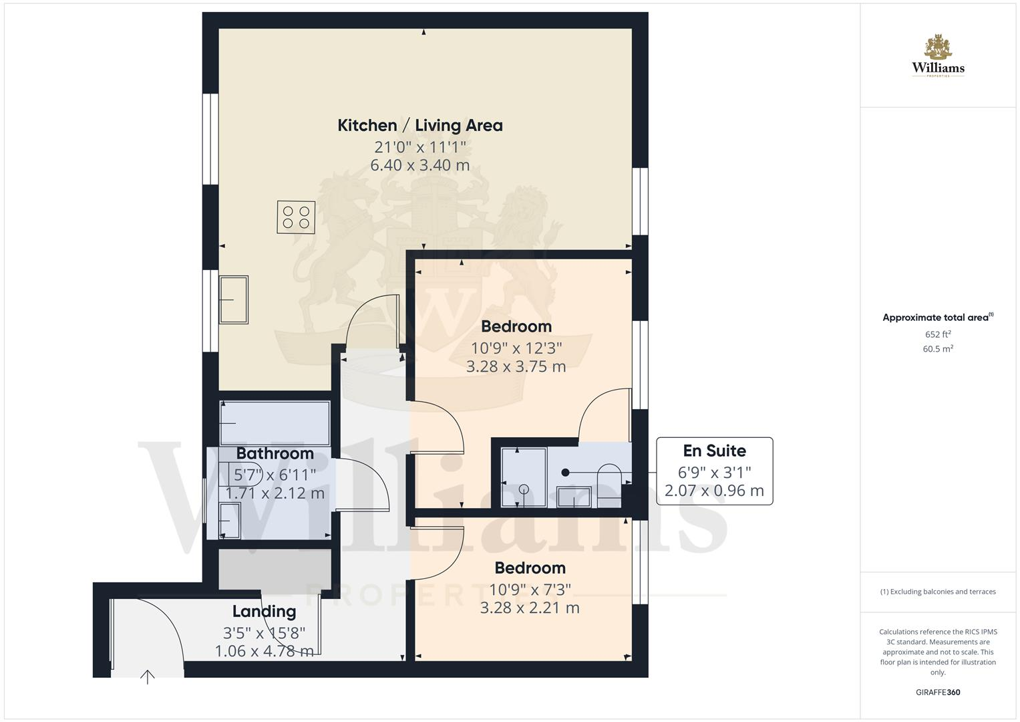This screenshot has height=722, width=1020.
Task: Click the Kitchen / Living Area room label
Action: pyautogui.click(x=419, y=125)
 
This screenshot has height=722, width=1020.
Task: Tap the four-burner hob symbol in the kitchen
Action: pyautogui.click(x=296, y=217)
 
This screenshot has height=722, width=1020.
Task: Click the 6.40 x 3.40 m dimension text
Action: pyautogui.click(x=419, y=165)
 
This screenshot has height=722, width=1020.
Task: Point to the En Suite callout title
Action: pyautogui.click(x=714, y=451)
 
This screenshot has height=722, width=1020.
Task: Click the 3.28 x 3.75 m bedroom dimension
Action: pyautogui.click(x=516, y=366)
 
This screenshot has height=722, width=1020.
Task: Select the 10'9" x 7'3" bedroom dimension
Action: pyautogui.click(x=530, y=589)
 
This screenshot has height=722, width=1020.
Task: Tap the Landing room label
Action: pyautogui.click(x=264, y=611)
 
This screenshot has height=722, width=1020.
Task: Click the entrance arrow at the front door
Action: pyautogui.click(x=147, y=677)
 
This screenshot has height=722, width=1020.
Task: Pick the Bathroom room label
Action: pyautogui.click(x=275, y=453)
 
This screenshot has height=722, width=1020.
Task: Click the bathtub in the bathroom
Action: pyautogui.click(x=275, y=423)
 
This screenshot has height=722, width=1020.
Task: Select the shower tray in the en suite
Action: pyautogui.click(x=524, y=477)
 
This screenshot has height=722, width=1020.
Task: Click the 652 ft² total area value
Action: pyautogui.click(x=938, y=334)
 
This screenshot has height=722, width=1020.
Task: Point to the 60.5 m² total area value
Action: pyautogui.click(x=938, y=349)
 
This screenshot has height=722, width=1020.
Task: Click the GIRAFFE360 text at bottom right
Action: pyautogui.click(x=938, y=693)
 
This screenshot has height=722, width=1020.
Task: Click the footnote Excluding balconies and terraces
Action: pyautogui.click(x=938, y=592)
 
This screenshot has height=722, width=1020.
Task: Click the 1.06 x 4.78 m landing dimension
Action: pyautogui.click(x=264, y=650)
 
